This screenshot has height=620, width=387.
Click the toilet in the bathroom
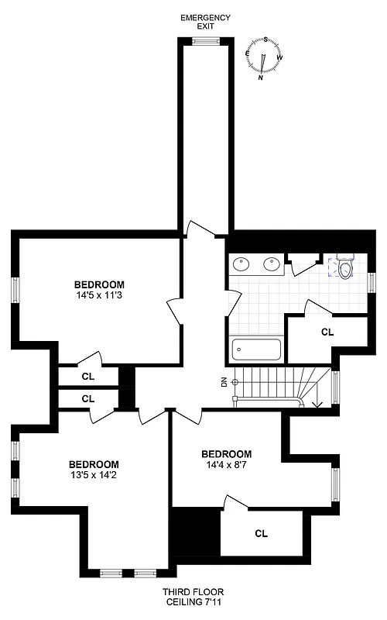tap(345, 267)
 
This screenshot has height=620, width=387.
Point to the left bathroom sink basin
tap(241, 264)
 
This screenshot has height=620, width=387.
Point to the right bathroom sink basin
tap(272, 264)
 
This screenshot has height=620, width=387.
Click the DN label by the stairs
tap(224, 382)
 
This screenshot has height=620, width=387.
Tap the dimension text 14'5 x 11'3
tap(99, 295)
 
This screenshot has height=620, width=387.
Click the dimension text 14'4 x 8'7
tap(226, 466)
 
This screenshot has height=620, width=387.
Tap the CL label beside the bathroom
tap(327, 332)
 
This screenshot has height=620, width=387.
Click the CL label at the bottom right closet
tap(261, 533)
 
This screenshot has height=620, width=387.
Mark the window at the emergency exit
tap(205, 43)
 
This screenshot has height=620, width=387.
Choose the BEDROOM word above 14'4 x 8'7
tap(226, 454)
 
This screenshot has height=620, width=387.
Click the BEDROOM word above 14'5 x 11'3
tap(99, 284)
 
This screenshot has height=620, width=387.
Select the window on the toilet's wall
tap(372, 282)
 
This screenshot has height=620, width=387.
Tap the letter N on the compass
tap(261, 77)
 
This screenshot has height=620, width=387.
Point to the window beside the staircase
tap(335, 387)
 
